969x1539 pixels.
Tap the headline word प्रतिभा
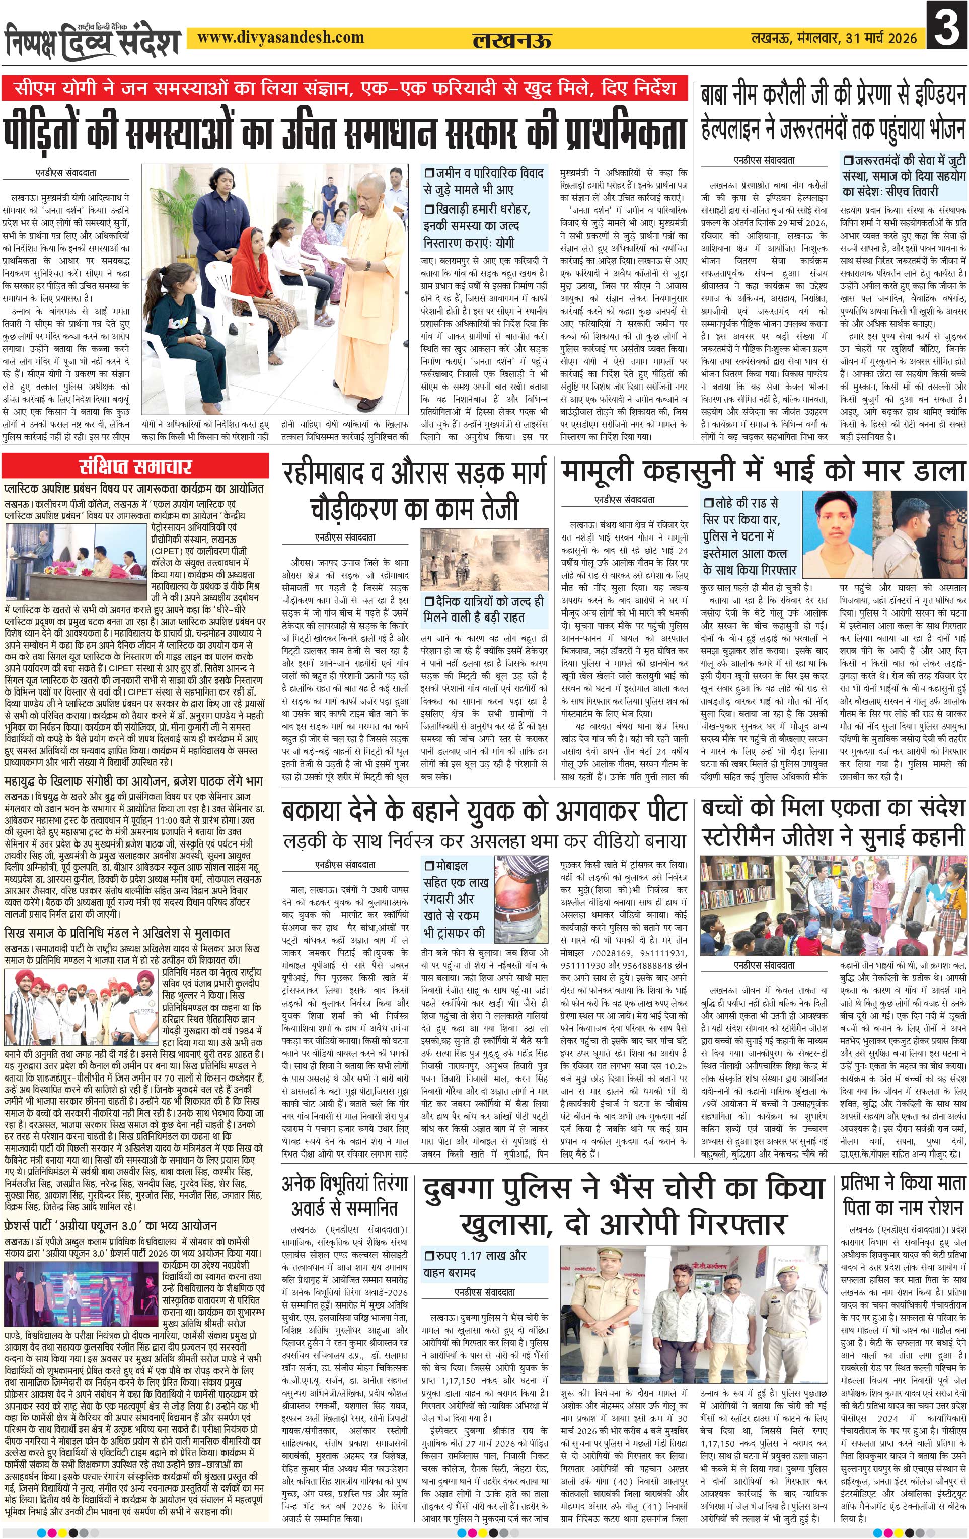(x=868, y=1182)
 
